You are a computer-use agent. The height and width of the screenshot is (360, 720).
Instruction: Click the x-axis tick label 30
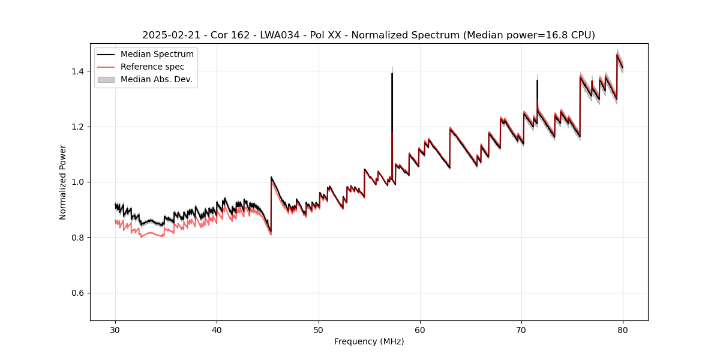click(x=116, y=329)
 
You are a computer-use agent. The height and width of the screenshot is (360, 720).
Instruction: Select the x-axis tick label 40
click(x=217, y=329)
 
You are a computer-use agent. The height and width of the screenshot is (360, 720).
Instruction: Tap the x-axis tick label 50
click(x=319, y=329)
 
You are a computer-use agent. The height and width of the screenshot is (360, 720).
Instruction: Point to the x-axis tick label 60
click(x=420, y=329)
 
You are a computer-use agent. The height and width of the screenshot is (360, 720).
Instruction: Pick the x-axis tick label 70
click(x=521, y=329)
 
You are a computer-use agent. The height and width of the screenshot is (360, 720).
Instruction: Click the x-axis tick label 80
click(x=623, y=329)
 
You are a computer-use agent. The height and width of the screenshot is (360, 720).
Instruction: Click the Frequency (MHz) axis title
click(x=369, y=341)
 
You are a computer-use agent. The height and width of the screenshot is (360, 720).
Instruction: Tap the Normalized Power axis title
click(x=63, y=182)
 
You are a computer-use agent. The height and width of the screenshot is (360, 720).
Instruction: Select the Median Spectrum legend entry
click(x=157, y=55)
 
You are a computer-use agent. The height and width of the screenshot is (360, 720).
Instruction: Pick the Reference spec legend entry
click(x=152, y=67)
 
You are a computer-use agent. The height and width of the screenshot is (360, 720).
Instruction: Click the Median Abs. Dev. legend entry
click(x=156, y=79)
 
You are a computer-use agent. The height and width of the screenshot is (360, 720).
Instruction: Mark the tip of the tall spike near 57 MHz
click(x=392, y=73)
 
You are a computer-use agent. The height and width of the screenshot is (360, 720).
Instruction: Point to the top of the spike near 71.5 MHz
click(x=537, y=80)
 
